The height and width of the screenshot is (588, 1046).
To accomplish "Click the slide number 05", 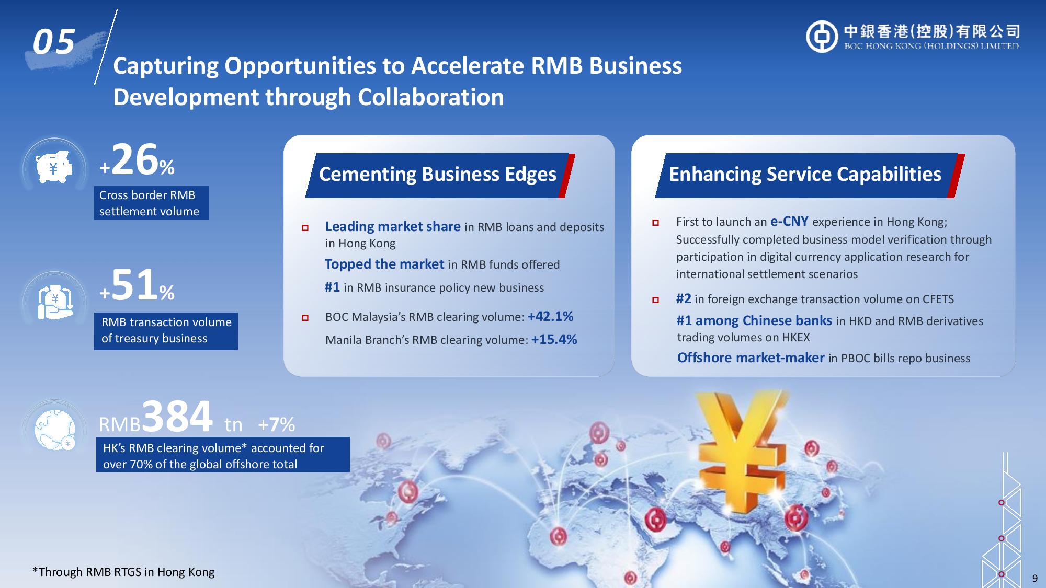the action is click(54, 42).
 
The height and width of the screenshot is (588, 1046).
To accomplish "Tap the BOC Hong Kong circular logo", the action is click(822, 37).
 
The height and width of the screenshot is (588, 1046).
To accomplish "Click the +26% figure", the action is click(137, 160).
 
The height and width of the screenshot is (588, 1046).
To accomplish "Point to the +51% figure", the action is click(137, 285).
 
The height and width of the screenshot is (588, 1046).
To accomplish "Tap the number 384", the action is click(177, 416).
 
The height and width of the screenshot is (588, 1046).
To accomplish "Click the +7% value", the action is click(277, 424).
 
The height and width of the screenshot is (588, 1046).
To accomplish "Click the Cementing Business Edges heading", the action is click(438, 175).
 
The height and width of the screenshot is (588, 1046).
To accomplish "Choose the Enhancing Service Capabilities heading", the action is click(805, 175).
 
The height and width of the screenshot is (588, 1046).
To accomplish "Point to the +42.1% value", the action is click(551, 316).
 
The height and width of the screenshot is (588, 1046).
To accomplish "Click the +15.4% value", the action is click(554, 340).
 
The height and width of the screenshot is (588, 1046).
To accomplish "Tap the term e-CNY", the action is click(789, 222).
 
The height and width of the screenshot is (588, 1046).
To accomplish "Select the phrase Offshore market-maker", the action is click(751, 358).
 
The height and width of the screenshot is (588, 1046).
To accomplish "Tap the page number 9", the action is click(1034, 578).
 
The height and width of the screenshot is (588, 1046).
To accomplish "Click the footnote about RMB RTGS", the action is click(123, 572).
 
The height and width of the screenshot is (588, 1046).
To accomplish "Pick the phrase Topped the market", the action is click(384, 264).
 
